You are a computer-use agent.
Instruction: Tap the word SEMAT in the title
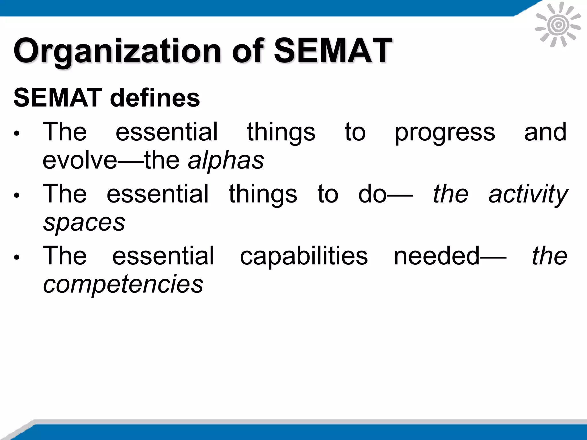[x=333, y=51]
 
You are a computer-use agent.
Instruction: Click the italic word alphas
[x=226, y=160]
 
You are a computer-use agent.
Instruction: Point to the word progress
[x=445, y=132]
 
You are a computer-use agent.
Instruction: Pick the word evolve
[x=80, y=160]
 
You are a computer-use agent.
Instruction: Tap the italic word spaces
[x=84, y=222]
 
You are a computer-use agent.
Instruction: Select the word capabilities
[x=304, y=256]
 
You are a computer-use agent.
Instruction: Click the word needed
[x=437, y=256]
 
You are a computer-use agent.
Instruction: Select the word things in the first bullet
[x=281, y=132]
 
